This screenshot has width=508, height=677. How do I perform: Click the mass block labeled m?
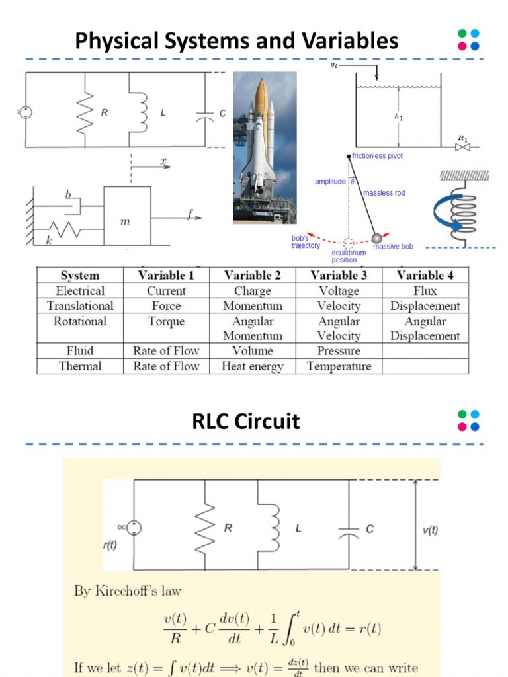127,216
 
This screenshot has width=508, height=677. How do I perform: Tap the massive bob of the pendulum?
376,237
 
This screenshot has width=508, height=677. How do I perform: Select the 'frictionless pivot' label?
378,156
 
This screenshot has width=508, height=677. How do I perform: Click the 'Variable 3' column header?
339,276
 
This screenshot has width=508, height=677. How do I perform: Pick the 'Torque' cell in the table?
166,322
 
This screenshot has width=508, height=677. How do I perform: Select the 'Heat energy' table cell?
252,366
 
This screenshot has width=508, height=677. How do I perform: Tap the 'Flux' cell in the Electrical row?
425,291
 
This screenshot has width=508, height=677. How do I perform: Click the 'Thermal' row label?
79,366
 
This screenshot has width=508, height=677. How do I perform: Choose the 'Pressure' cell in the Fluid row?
339,351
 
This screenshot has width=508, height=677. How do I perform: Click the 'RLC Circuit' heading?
246,422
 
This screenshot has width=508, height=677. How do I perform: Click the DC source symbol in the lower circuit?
134,527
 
